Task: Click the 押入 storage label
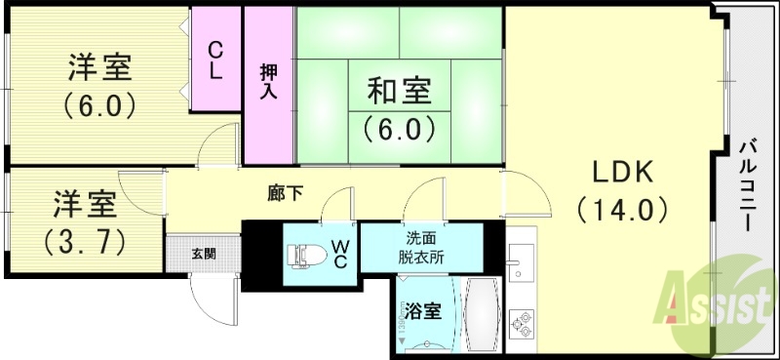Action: coord(268,83)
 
